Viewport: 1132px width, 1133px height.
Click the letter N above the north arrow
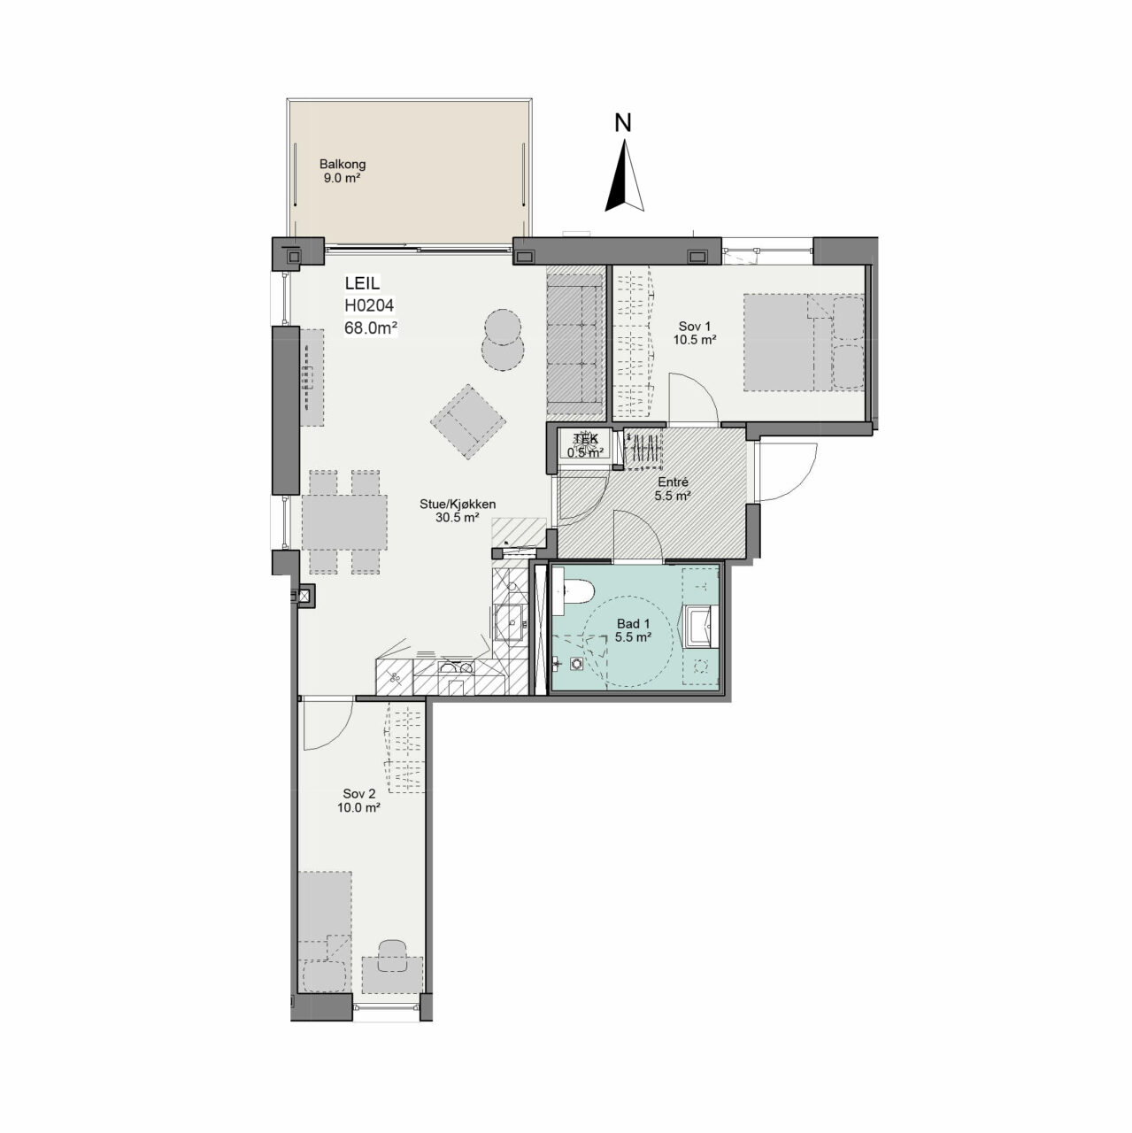(x=623, y=123)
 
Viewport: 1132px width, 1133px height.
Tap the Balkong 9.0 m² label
(x=343, y=171)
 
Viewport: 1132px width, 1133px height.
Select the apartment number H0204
(x=369, y=305)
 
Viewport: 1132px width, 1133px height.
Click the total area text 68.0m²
(x=371, y=328)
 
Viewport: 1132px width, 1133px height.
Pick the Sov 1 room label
(x=695, y=333)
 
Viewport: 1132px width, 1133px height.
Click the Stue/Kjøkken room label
(x=458, y=511)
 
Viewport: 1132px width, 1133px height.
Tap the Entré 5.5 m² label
(x=673, y=489)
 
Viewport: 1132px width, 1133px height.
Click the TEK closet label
(x=585, y=439)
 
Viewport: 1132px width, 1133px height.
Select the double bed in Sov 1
(x=804, y=343)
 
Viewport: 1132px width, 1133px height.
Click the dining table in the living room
(x=344, y=522)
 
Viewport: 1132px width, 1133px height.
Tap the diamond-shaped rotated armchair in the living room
(x=468, y=421)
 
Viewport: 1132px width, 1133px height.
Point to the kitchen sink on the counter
(x=511, y=622)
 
